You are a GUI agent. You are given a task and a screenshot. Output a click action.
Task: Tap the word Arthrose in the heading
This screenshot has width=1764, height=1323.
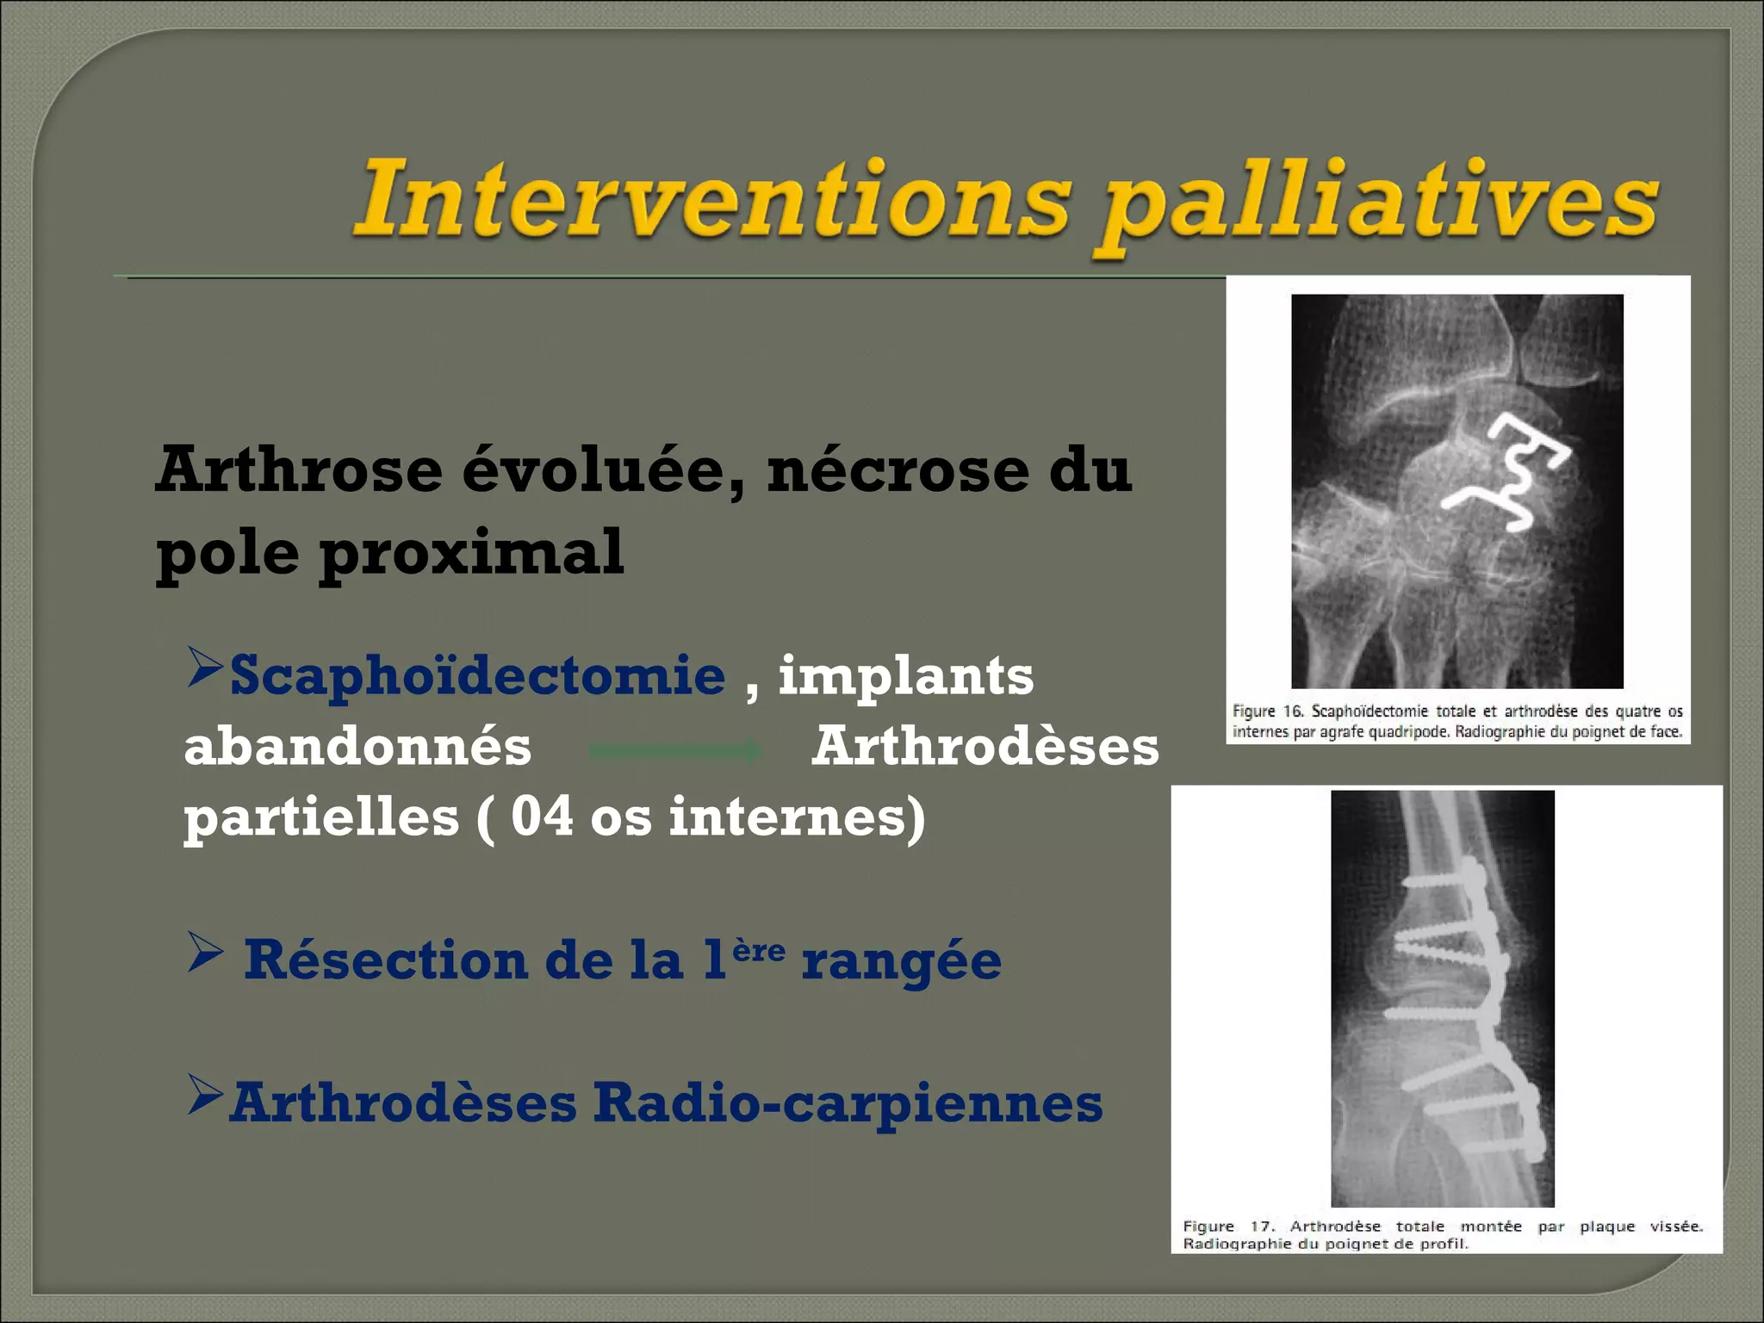(298, 471)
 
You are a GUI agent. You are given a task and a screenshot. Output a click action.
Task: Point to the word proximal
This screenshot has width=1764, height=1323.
(472, 553)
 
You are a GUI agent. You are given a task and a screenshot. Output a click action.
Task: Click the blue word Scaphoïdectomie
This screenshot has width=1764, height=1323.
(477, 675)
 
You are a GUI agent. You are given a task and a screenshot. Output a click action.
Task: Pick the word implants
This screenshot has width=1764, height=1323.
(905, 677)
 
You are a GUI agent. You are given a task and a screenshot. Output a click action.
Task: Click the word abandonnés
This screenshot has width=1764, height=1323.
(357, 747)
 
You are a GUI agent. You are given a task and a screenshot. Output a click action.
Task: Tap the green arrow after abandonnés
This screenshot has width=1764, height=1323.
(675, 751)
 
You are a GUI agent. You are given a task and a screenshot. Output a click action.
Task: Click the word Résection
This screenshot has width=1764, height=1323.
(385, 960)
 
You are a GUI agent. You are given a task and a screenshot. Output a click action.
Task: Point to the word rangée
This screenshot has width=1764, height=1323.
(901, 962)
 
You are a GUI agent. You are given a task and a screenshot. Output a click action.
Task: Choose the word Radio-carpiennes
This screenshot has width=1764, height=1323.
(848, 1102)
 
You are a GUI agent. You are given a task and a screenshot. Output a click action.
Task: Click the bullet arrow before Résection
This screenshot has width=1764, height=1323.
(205, 953)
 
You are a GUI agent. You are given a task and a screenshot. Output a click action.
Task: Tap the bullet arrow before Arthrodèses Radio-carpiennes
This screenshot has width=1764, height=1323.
(205, 1096)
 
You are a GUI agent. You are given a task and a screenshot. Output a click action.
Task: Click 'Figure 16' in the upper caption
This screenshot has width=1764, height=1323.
(1266, 711)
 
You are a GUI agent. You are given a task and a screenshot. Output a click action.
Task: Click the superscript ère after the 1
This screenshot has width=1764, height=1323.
(758, 951)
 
